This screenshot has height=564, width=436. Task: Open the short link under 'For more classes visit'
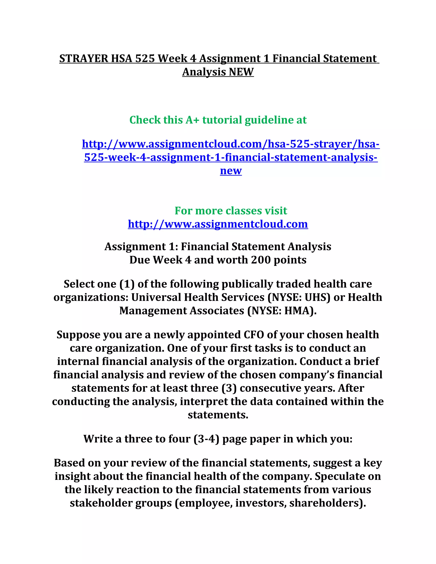[218, 224]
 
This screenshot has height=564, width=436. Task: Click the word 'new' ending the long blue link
[231, 171]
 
